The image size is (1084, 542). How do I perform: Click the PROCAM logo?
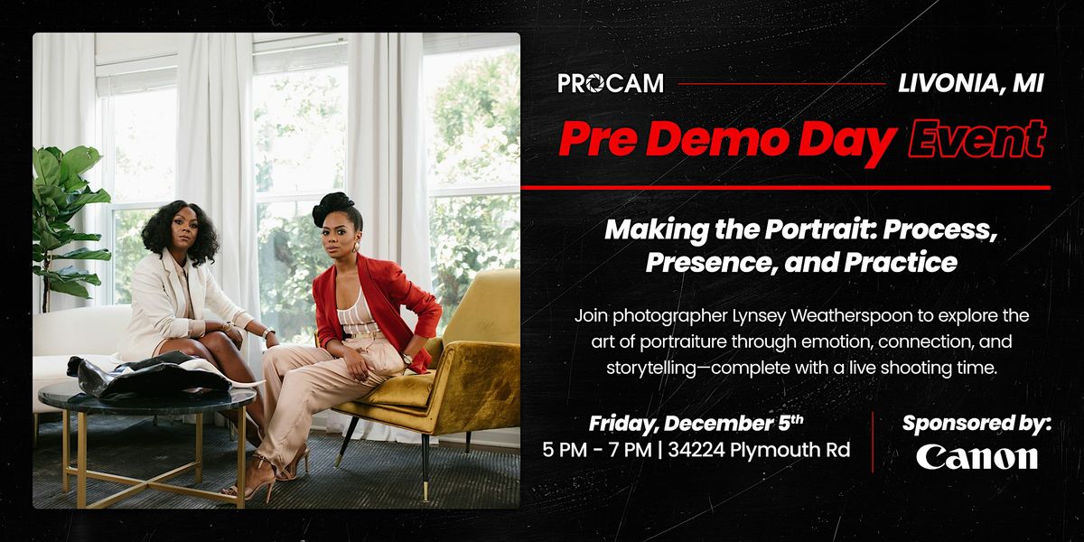(x=611, y=84)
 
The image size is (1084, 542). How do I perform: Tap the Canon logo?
(x=977, y=457)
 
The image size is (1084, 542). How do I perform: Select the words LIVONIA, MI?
(x=971, y=84)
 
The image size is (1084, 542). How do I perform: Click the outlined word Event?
(x=976, y=140)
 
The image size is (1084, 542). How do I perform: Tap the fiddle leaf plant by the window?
(x=68, y=208)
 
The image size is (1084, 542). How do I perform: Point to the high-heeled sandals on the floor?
(x=271, y=474)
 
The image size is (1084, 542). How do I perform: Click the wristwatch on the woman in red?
(x=407, y=359)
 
